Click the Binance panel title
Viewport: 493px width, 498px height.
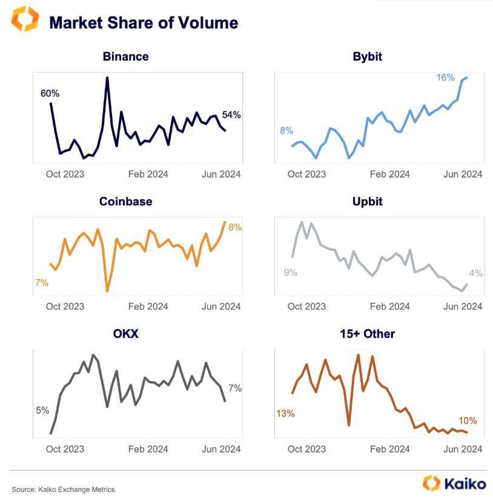point(125,56)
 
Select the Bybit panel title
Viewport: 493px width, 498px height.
point(367,56)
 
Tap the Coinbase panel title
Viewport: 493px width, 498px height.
point(125,201)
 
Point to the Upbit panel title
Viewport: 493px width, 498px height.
point(367,201)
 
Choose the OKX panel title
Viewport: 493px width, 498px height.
point(125,333)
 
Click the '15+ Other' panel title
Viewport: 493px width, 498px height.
point(367,333)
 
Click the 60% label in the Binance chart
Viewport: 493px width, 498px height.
point(50,93)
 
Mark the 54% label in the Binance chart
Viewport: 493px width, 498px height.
point(231,115)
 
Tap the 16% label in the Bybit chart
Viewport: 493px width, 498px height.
point(446,78)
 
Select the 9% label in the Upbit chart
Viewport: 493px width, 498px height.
point(290,273)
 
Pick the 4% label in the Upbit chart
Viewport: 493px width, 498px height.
point(475,273)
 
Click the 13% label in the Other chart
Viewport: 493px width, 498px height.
point(285,414)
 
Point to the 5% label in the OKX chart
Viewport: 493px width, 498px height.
point(42,410)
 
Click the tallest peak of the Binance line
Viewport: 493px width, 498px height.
point(107,78)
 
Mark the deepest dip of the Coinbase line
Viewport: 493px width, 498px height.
point(107,291)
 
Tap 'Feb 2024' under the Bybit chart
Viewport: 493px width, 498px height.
point(389,174)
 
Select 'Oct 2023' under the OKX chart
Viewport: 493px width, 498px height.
point(65,449)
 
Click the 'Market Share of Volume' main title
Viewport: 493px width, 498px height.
point(144,23)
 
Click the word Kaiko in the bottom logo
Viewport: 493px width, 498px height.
point(465,483)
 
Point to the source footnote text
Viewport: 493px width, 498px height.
point(64,489)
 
